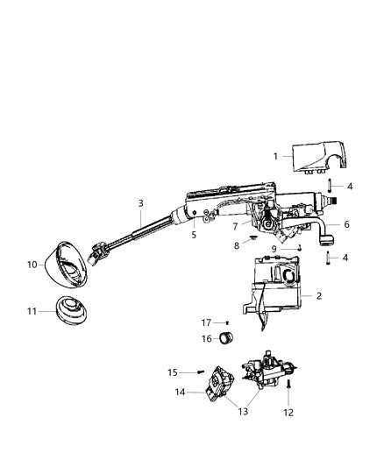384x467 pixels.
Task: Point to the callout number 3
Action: [x=140, y=203]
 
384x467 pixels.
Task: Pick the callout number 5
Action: [x=194, y=234]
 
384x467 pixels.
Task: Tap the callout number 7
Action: [x=236, y=226]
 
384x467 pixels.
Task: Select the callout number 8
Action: [x=236, y=246]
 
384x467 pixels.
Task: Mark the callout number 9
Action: [x=275, y=249]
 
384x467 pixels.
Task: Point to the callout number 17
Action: [x=208, y=322]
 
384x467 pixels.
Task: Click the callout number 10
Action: [x=32, y=264]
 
